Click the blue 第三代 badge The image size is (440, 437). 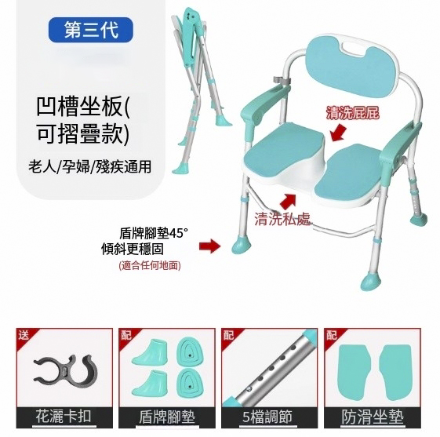pyautogui.click(x=91, y=30)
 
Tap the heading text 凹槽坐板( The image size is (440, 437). pyautogui.click(x=83, y=107)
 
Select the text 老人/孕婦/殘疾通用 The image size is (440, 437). pyautogui.click(x=89, y=166)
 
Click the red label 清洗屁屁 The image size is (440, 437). pyautogui.click(x=352, y=113)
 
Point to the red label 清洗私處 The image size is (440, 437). pyautogui.click(x=282, y=219)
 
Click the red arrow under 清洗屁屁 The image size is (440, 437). pyautogui.click(x=338, y=134)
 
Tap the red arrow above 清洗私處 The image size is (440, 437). pyautogui.click(x=288, y=201)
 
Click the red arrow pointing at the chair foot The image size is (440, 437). pyautogui.click(x=210, y=246)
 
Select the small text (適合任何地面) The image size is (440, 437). pyautogui.click(x=150, y=265)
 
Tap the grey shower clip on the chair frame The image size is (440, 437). pyautogui.click(x=282, y=79)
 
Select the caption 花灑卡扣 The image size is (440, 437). pyautogui.click(x=64, y=416)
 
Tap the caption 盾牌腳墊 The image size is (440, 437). pyautogui.click(x=167, y=417)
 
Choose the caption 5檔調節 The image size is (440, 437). pyautogui.click(x=267, y=417)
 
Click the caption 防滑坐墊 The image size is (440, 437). pyautogui.click(x=373, y=417)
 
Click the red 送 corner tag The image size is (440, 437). pyautogui.click(x=23, y=335)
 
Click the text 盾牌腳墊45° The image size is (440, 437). pyautogui.click(x=154, y=233)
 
